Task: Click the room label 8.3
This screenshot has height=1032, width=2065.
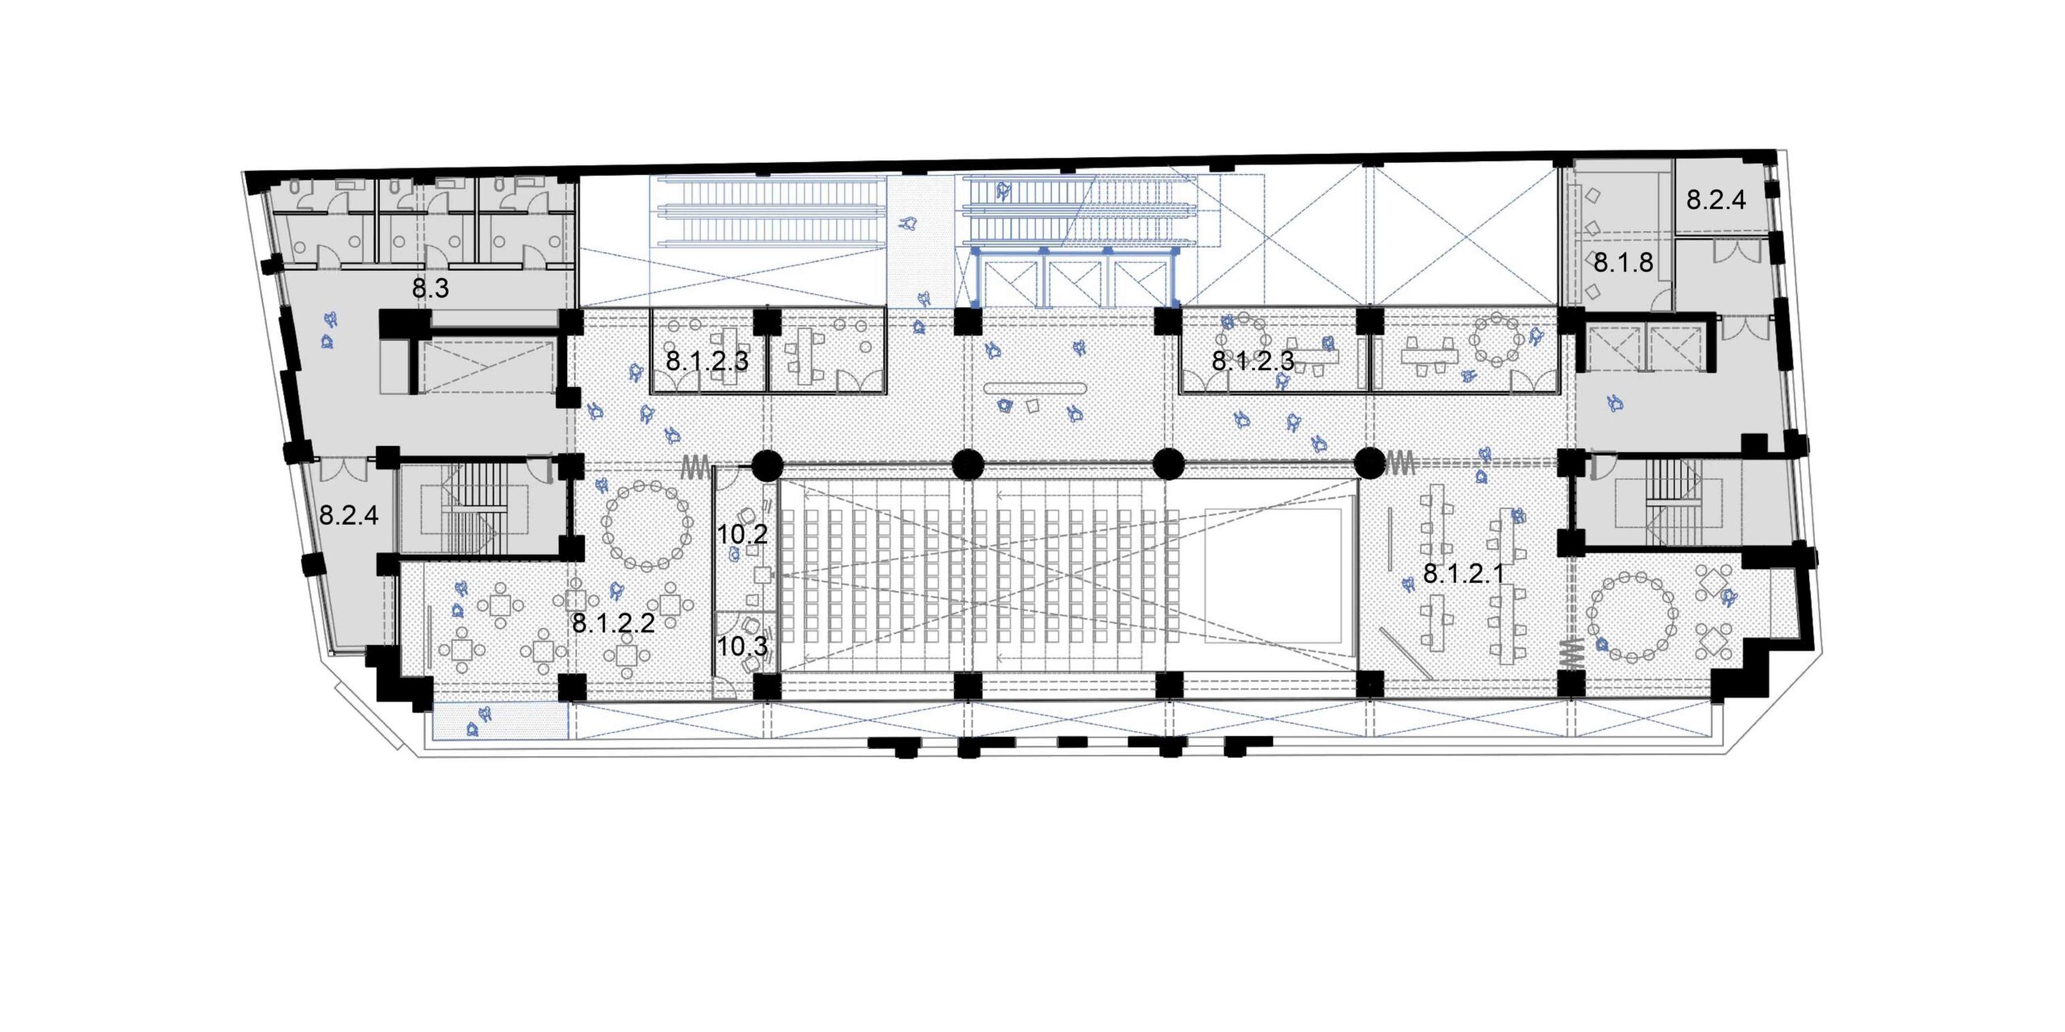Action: (x=431, y=288)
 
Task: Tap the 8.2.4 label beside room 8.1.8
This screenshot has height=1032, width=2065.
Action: (x=1716, y=199)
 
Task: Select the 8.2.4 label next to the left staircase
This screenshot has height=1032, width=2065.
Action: (x=348, y=514)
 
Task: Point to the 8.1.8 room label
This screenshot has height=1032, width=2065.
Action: (x=1623, y=262)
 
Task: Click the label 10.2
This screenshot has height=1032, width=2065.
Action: (x=742, y=533)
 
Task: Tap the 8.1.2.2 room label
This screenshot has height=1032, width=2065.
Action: (x=613, y=622)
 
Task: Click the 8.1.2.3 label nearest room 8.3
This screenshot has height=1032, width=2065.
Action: (x=707, y=360)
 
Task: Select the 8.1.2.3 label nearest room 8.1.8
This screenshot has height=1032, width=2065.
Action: (x=1254, y=360)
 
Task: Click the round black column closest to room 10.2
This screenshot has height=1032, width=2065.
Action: (x=767, y=464)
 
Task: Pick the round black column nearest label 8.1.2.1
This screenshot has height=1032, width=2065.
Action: (x=1369, y=463)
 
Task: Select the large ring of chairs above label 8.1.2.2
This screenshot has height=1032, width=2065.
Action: (x=647, y=525)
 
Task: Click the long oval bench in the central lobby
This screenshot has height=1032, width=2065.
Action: (x=1035, y=389)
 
